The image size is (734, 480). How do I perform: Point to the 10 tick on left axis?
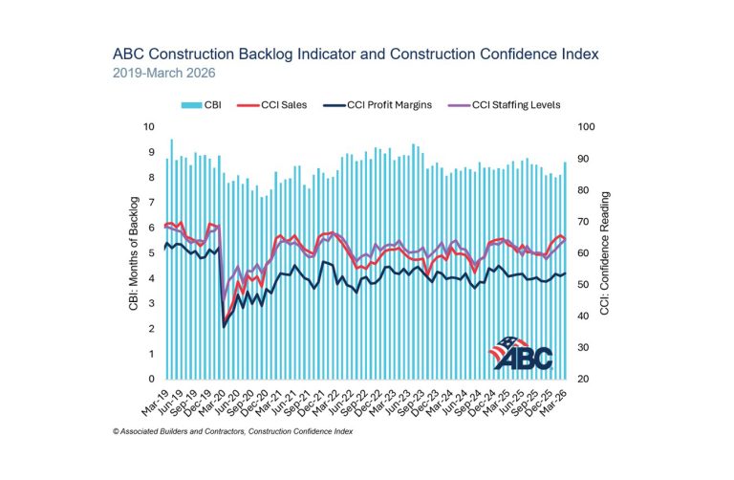pos(147,126)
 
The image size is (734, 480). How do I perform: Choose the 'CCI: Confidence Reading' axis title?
pos(605,252)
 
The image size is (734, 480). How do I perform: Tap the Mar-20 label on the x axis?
pos(216,400)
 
